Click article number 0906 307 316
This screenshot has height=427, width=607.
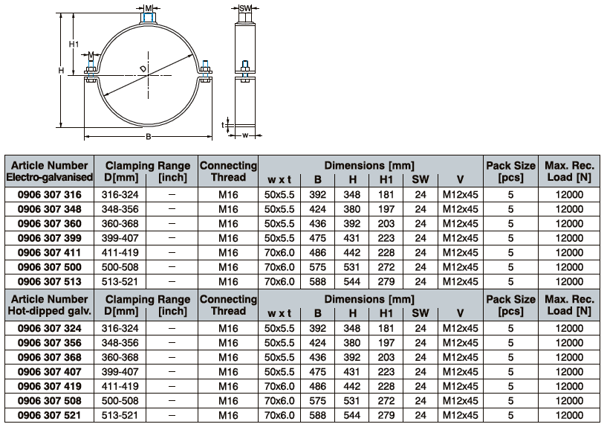(50, 194)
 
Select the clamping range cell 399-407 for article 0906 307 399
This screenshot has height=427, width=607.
(120, 238)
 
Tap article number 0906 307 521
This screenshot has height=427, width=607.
(50, 415)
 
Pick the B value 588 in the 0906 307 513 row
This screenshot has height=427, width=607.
(317, 282)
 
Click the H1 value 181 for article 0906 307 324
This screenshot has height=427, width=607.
(386, 328)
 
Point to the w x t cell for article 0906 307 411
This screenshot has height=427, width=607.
(279, 253)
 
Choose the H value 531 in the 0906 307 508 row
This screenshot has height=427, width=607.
(352, 401)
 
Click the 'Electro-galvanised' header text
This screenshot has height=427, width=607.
(50, 178)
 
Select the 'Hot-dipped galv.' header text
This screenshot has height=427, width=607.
(50, 311)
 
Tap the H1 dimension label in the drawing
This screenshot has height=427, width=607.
(74, 44)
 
